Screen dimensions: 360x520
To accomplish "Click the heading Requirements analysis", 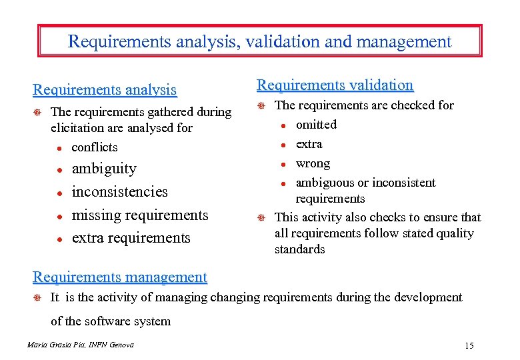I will [105, 89].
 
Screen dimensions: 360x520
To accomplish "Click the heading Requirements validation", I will [335, 85].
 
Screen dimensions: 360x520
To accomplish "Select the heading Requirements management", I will [120, 277].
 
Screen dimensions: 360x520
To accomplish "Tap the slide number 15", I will [469, 345].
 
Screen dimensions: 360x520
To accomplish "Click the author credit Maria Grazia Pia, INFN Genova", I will [81, 345].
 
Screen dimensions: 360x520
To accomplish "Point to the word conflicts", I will [94, 147].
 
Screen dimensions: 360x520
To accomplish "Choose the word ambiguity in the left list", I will [103, 169].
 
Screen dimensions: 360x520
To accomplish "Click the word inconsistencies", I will [119, 192].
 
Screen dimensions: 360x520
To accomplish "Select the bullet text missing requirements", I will [139, 215].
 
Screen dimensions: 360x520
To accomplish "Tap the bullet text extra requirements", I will [131, 238].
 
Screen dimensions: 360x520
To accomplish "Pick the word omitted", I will [316, 125].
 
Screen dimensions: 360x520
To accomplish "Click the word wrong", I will [313, 163].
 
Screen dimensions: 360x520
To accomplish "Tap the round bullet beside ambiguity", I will [59, 170].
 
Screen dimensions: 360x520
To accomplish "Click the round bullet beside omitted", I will [283, 125].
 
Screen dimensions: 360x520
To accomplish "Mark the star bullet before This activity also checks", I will [262, 218].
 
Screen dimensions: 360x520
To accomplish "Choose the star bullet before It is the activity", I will [38, 298].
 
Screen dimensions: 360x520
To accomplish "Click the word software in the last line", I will [110, 321].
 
